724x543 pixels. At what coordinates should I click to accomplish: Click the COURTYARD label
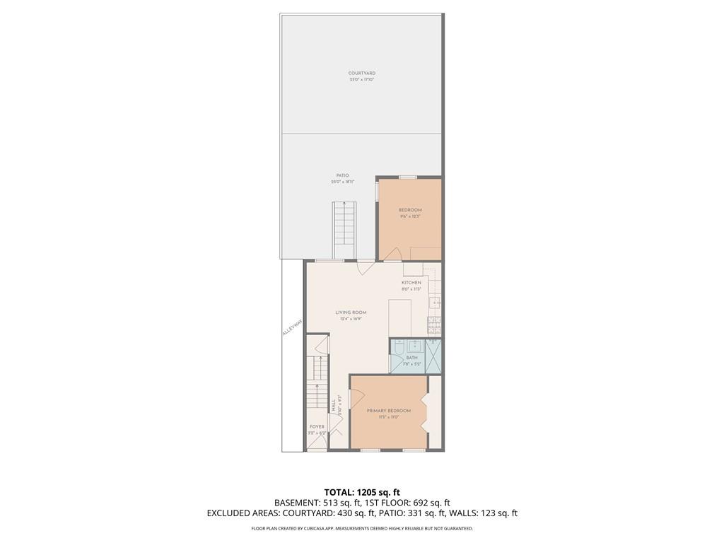361,74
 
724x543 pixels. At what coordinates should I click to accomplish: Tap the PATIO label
342,175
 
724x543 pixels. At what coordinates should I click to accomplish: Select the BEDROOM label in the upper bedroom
410,210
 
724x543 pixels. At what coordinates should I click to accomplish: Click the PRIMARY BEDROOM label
388,411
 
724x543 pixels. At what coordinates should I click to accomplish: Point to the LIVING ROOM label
351,313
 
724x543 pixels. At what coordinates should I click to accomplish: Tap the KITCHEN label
411,283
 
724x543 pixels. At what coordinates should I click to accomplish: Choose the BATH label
411,358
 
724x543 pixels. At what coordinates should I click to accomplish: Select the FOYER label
317,427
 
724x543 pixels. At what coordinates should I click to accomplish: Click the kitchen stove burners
435,325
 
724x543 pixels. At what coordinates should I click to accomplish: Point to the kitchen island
400,317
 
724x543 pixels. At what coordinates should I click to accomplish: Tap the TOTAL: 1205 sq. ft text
362,492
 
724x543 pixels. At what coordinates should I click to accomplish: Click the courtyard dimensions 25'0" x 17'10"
361,80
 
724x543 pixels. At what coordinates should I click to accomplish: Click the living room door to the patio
366,267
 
